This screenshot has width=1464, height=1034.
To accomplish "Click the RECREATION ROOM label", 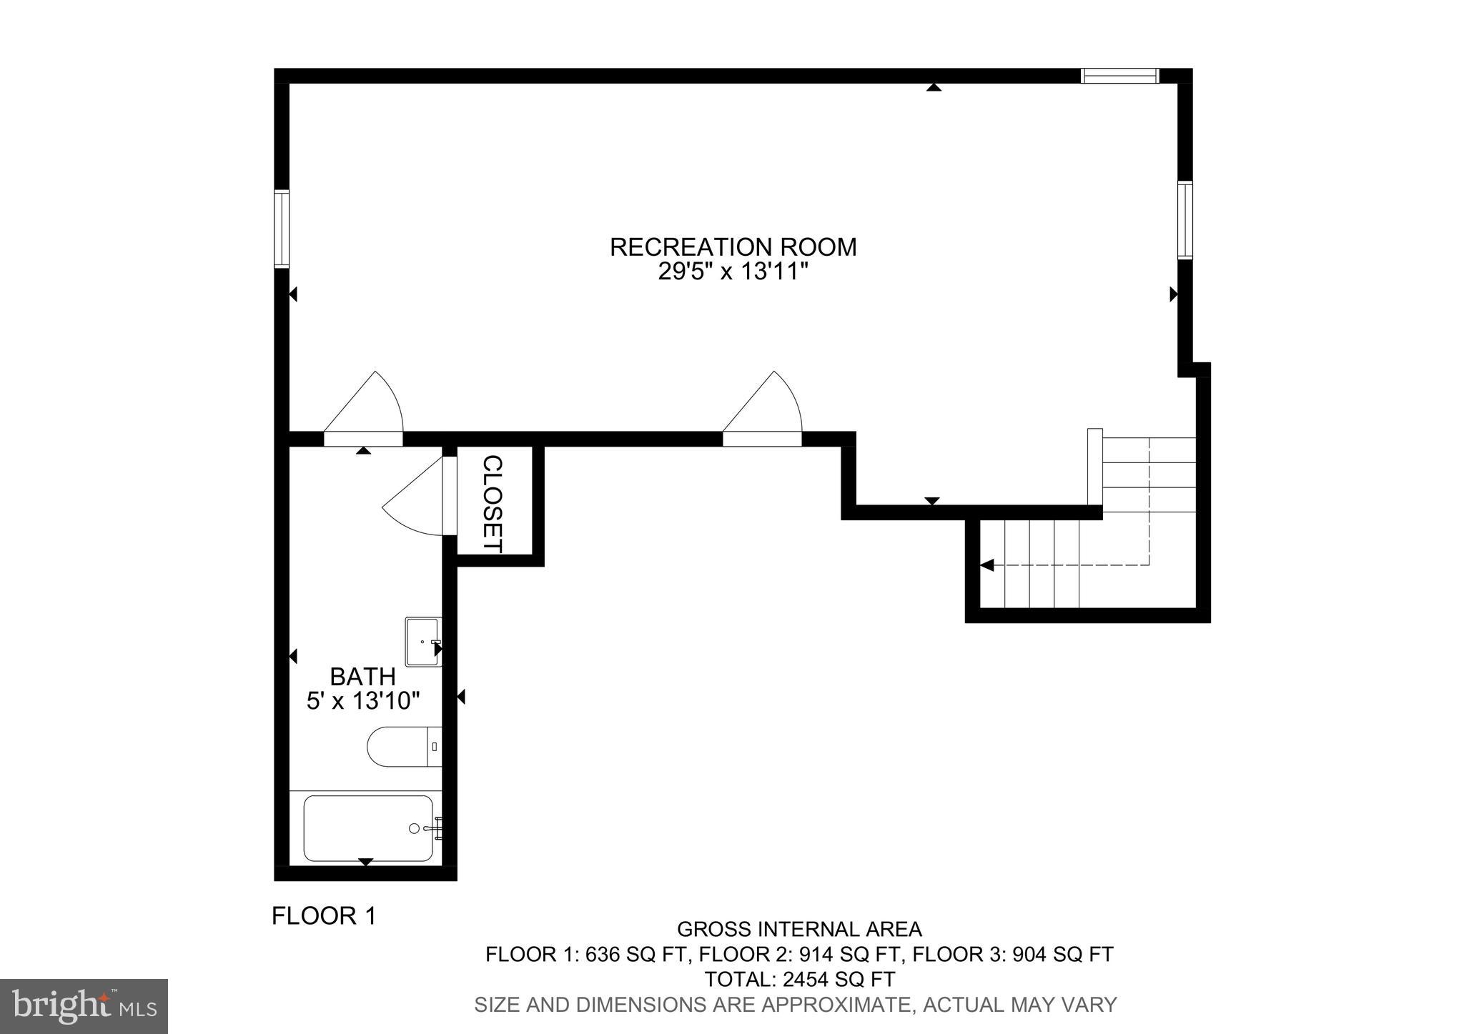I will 733,247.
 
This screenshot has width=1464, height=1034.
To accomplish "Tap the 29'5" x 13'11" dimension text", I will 733,272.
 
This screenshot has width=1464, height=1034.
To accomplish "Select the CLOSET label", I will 493,504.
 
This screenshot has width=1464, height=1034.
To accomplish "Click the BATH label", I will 362,676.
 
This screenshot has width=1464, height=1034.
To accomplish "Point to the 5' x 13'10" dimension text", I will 362,701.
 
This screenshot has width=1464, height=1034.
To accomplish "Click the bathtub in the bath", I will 367,828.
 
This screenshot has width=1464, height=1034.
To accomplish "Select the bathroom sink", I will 422,642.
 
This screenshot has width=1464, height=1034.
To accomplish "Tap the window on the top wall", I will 1119,76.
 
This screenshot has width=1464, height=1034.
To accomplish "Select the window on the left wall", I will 282,229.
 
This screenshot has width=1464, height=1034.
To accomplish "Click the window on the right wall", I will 1185,220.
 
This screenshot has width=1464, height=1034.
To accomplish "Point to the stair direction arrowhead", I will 987,565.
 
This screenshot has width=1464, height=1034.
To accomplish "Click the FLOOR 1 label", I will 324,916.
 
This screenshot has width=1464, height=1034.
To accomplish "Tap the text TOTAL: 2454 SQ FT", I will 799,979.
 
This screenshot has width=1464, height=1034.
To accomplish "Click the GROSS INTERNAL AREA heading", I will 799,929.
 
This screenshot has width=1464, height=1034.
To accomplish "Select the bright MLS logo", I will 84,1005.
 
